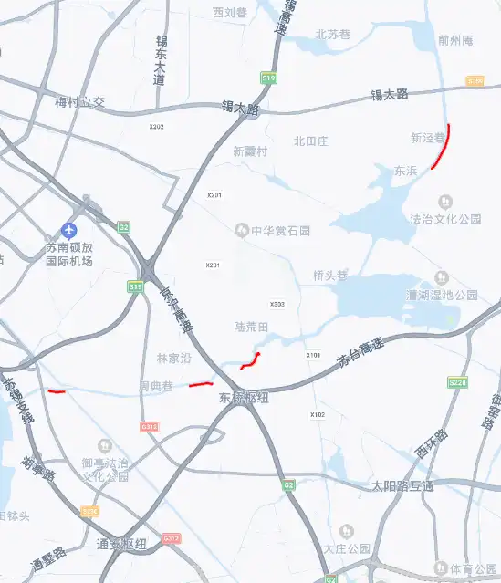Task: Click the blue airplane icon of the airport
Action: click(68, 230)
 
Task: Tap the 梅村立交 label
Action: click(79, 102)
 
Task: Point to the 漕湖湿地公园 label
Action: click(443, 295)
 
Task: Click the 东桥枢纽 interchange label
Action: click(244, 398)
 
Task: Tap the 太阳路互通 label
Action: click(402, 485)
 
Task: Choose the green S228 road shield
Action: click(458, 383)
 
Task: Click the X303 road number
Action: click(277, 305)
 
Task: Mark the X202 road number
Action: click(157, 127)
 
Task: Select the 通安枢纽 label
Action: click(121, 544)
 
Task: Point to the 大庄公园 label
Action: click(348, 548)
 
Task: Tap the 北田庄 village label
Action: click(310, 141)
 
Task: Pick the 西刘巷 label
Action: click(230, 13)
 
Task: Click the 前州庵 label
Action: click(455, 40)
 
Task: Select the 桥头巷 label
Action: click(330, 275)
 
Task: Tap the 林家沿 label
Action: click(173, 359)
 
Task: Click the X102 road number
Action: click(318, 415)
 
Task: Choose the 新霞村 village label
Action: click(250, 151)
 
